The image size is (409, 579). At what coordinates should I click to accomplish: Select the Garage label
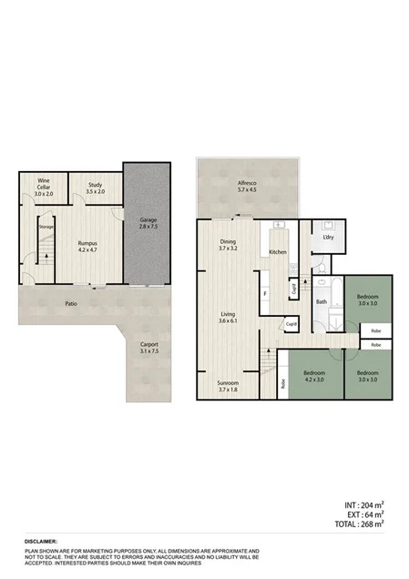148,224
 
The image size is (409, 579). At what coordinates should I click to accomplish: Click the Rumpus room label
87,244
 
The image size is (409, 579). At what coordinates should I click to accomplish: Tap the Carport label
148,347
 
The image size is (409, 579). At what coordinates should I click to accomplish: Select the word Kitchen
278,251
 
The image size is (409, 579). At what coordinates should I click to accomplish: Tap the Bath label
321,301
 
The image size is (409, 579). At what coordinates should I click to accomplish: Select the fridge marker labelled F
264,294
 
